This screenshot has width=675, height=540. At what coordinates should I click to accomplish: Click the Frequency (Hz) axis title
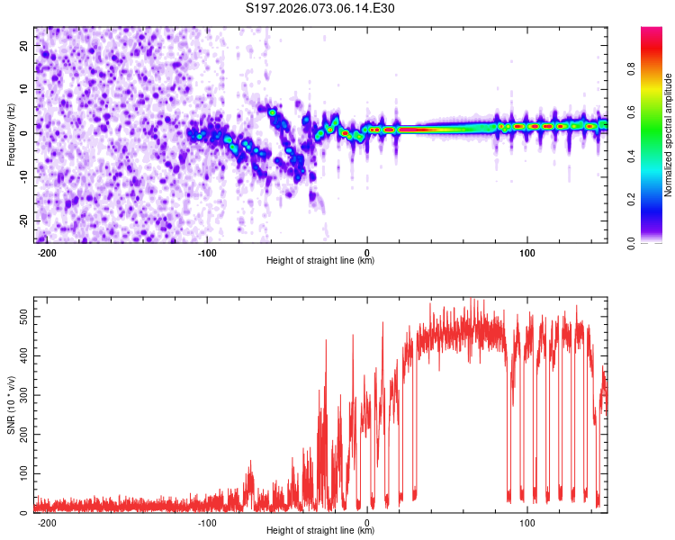11,135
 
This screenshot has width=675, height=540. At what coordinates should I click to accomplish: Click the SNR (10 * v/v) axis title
11,405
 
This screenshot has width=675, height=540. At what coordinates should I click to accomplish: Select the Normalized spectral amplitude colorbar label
669,135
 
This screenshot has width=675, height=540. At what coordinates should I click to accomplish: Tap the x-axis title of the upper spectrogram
320,261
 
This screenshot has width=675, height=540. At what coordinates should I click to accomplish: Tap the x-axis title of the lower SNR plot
320,531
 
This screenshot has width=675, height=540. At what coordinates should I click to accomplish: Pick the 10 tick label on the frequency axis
23,89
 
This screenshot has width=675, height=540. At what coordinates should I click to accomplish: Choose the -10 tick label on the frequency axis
22,176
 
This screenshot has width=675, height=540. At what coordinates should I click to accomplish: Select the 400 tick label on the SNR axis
20,356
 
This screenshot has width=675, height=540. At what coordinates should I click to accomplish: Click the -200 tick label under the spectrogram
47,252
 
